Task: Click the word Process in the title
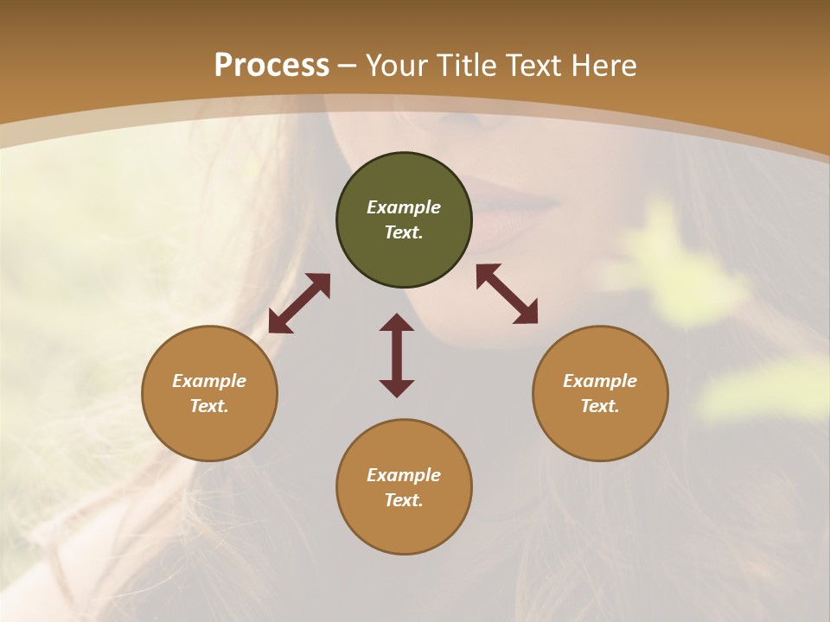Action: [271, 66]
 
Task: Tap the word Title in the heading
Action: [465, 66]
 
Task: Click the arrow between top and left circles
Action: [299, 303]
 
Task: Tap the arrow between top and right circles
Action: [508, 294]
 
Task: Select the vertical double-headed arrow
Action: [397, 355]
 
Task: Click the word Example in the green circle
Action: [404, 207]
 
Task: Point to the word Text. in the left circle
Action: [209, 406]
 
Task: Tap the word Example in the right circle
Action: [600, 381]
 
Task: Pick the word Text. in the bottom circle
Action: [404, 500]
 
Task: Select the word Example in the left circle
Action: [209, 381]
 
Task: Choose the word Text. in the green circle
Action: [404, 232]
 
